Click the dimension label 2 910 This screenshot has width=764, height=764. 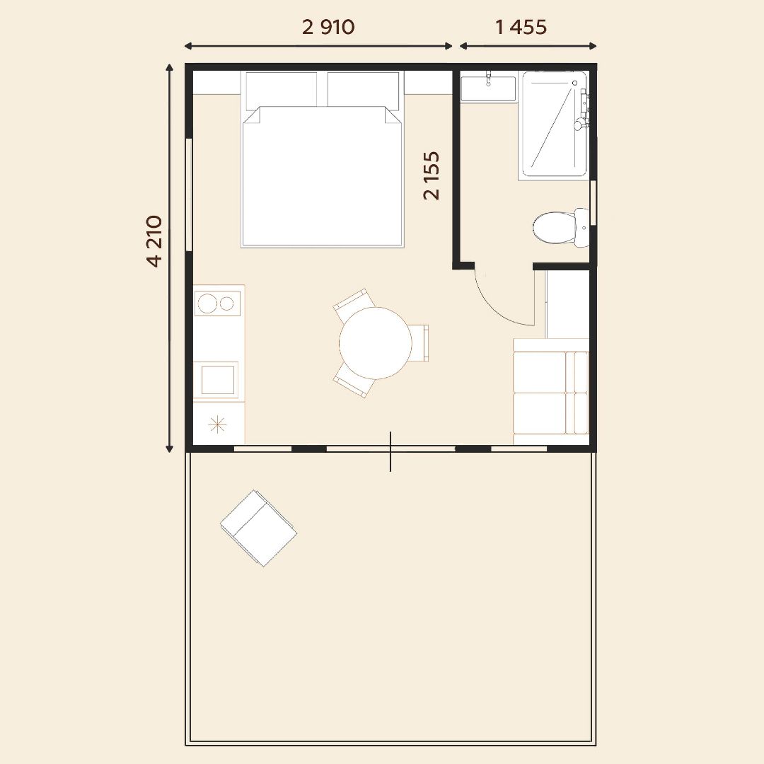click(328, 27)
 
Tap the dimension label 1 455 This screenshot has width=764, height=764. click(521, 27)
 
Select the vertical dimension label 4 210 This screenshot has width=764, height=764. click(154, 241)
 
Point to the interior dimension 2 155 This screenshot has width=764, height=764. click(432, 176)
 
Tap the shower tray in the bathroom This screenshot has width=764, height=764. click(554, 124)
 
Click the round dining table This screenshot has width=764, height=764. click(375, 343)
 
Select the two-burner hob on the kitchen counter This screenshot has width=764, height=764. click(217, 303)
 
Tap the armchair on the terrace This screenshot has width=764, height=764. click(258, 528)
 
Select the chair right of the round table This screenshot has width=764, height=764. click(419, 343)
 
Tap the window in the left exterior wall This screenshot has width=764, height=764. click(189, 195)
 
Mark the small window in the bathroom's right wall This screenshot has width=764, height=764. click(593, 203)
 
